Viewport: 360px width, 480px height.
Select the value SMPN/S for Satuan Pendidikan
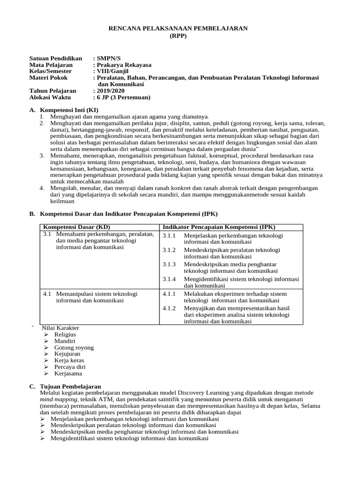(108, 58)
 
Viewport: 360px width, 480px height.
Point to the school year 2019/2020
(112, 90)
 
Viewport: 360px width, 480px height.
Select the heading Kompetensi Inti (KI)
(69, 110)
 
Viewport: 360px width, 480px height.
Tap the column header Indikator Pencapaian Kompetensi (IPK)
(219, 227)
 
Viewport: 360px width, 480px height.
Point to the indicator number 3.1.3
(169, 264)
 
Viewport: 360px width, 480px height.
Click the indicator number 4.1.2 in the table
(169, 308)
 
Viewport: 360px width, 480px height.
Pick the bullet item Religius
(65, 335)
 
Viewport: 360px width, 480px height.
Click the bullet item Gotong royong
(74, 348)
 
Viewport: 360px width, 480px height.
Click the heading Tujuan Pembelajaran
(68, 386)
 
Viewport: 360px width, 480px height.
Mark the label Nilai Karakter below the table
(60, 328)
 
